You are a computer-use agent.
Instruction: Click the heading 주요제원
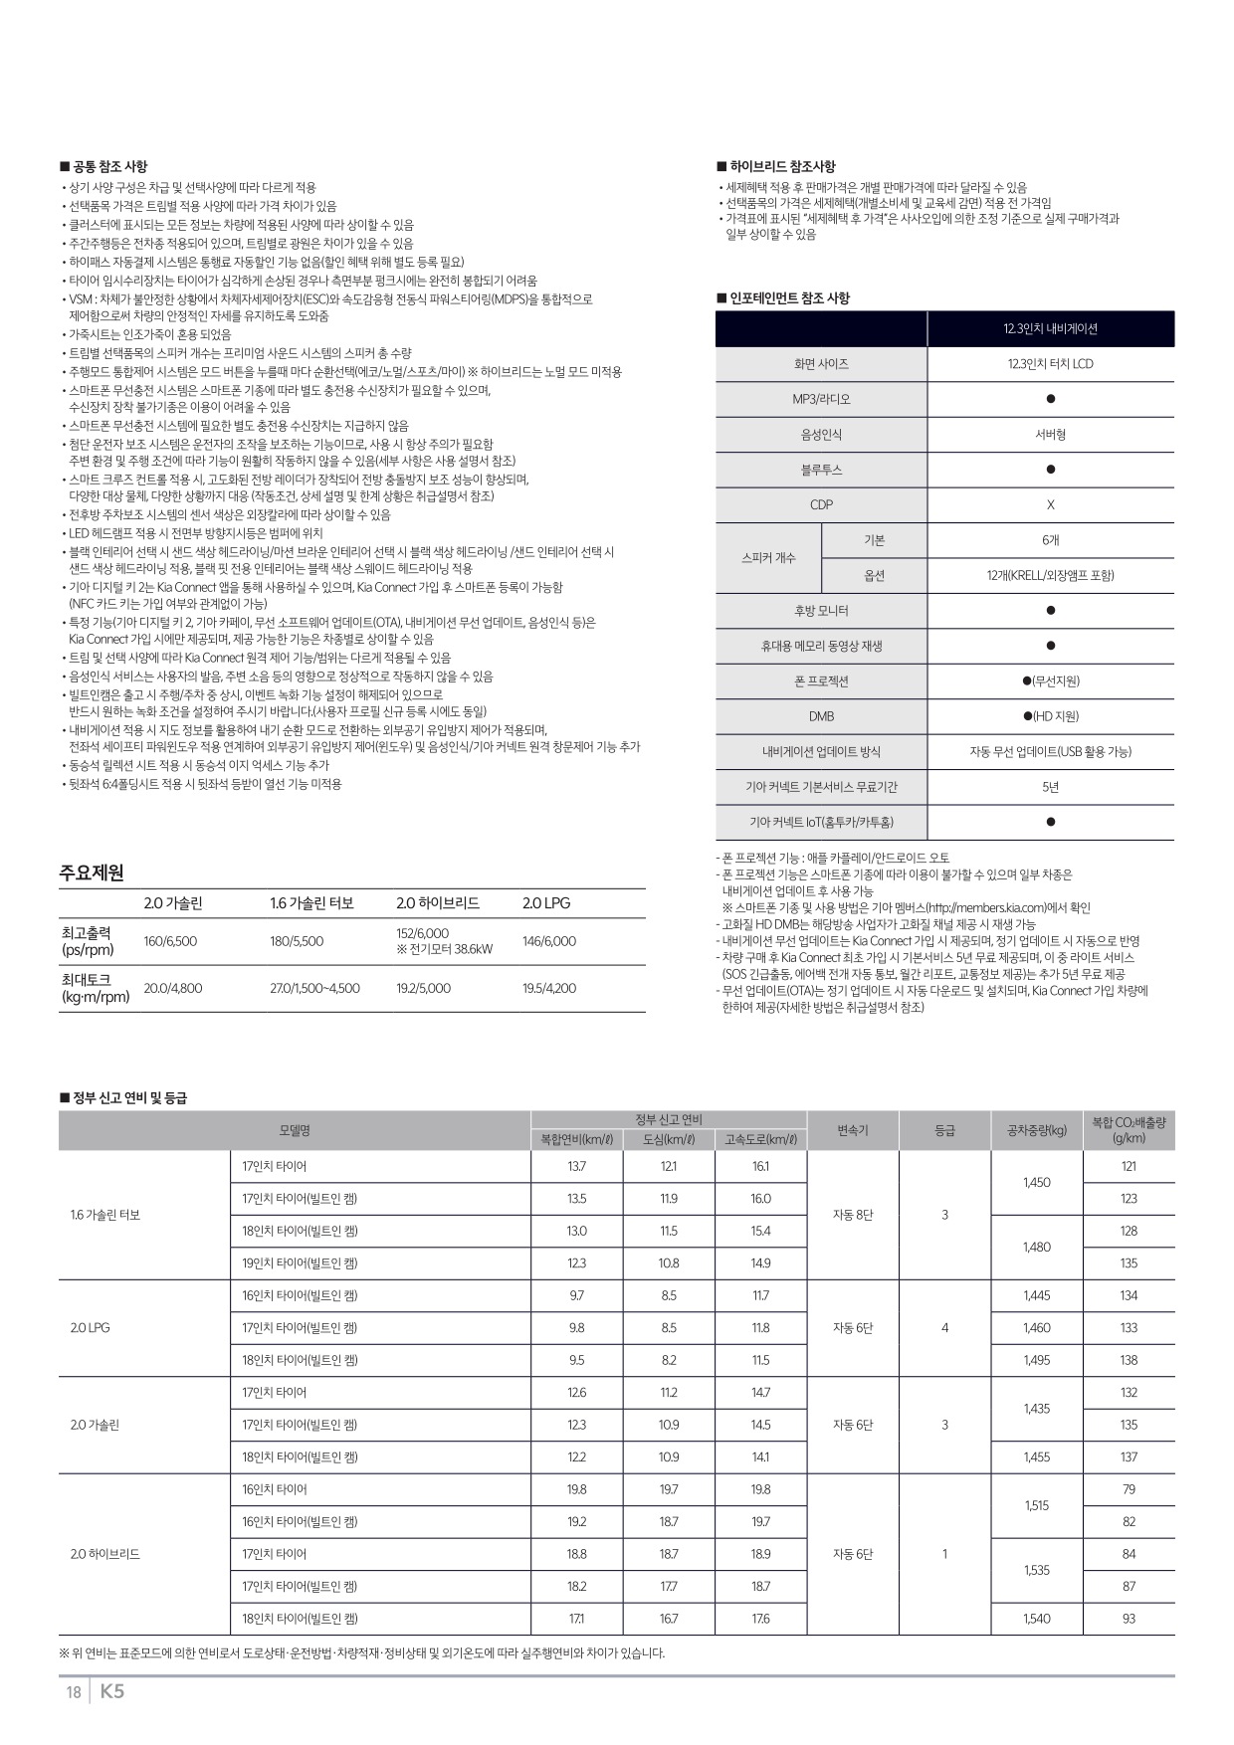(92, 872)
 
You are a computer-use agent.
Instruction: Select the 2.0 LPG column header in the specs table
(546, 903)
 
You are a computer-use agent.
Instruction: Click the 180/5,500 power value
(297, 941)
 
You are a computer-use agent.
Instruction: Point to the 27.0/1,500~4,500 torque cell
(314, 988)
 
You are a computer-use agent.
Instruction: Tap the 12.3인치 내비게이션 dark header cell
(1050, 329)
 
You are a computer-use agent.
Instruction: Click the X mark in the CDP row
(1050, 505)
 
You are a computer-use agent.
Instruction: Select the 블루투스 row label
(821, 470)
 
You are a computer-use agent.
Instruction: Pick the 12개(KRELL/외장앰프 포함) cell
(1050, 576)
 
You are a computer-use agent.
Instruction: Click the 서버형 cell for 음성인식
(1050, 435)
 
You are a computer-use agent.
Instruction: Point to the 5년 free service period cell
(1050, 787)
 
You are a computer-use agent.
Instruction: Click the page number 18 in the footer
(73, 1692)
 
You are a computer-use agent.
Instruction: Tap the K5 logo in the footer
(112, 1691)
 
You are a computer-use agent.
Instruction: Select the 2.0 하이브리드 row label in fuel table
(105, 1554)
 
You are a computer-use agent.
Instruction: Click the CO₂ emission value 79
(1129, 1489)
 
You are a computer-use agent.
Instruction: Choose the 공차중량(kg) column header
(1036, 1130)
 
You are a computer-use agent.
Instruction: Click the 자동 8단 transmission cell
(853, 1215)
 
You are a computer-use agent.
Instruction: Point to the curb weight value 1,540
(1036, 1619)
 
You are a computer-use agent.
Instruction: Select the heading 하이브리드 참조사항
(782, 166)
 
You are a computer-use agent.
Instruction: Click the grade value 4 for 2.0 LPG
(944, 1328)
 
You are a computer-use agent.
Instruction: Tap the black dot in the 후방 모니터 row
(1051, 611)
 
